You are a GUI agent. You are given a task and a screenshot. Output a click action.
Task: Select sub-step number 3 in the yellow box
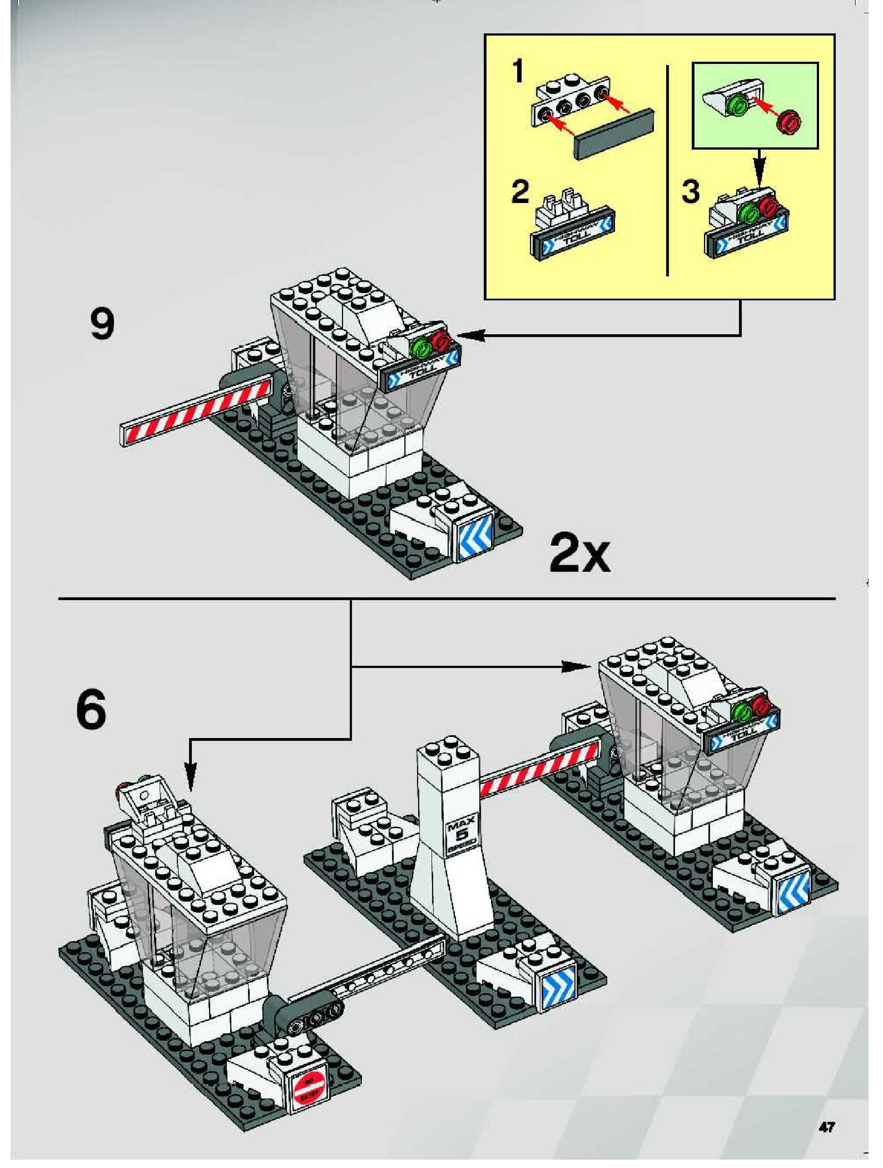(x=691, y=192)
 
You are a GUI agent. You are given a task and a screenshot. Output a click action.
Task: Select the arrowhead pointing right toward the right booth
(x=575, y=667)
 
